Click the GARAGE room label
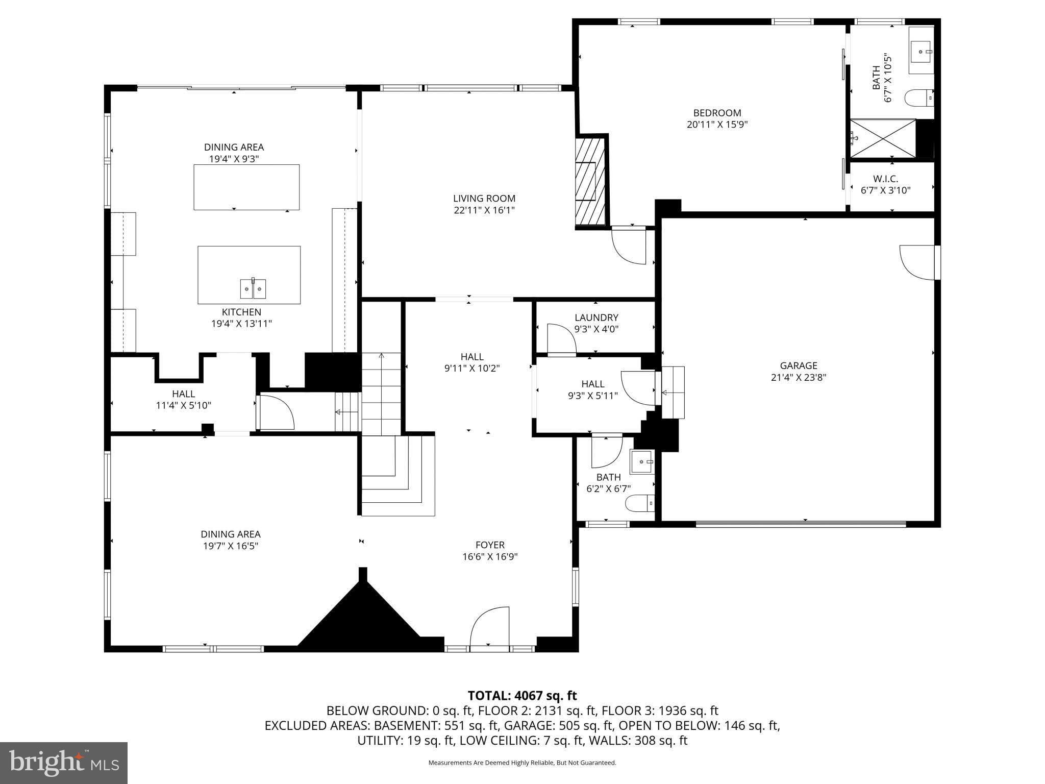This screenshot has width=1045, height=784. click(x=798, y=365)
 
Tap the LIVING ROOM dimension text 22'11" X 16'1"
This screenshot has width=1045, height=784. click(x=484, y=210)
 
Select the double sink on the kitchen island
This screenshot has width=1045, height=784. click(x=253, y=289)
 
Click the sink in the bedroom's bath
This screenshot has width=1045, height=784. click(x=922, y=51)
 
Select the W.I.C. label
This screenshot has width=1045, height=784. click(x=885, y=179)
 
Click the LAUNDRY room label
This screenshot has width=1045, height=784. click(x=596, y=317)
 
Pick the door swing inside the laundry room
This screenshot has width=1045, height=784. click(x=561, y=338)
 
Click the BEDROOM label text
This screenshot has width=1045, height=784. click(x=717, y=113)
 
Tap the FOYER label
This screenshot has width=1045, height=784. click(x=490, y=545)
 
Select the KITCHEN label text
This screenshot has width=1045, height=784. click(x=241, y=312)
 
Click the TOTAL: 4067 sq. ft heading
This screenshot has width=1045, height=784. click(x=522, y=695)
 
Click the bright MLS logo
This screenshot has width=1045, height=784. click(x=63, y=763)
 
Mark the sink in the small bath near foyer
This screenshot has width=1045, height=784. click(x=642, y=461)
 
